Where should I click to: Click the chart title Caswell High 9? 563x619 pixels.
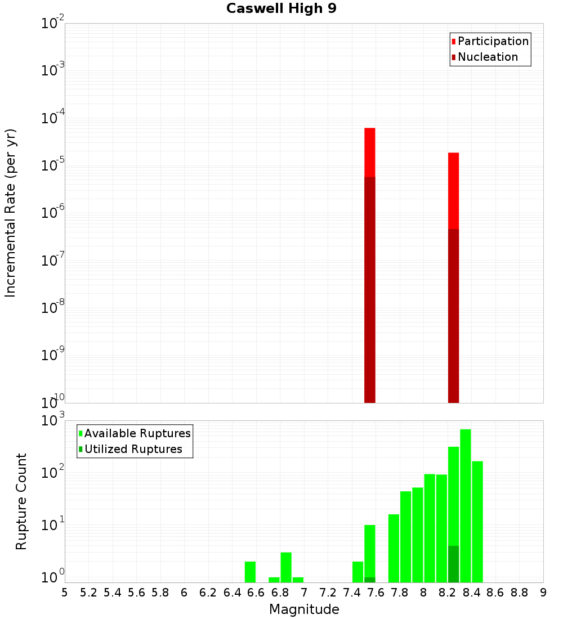[x=281, y=9]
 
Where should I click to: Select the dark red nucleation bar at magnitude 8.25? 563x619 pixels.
[x=453, y=315]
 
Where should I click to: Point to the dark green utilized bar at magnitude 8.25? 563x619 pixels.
[x=453, y=564]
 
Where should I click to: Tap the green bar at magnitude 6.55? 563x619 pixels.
[x=250, y=572]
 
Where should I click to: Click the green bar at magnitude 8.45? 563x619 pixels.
[x=477, y=521]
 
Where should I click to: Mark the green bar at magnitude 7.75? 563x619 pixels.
[x=394, y=548]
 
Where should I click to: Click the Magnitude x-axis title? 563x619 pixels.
[x=304, y=609]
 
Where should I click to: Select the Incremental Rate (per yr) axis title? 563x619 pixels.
[x=10, y=213]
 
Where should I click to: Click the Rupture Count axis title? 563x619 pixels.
[x=21, y=501]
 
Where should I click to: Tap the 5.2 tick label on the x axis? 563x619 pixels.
[x=88, y=593]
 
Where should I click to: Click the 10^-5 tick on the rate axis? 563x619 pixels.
[x=53, y=166]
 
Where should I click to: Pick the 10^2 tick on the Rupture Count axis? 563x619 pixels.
[x=53, y=472]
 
